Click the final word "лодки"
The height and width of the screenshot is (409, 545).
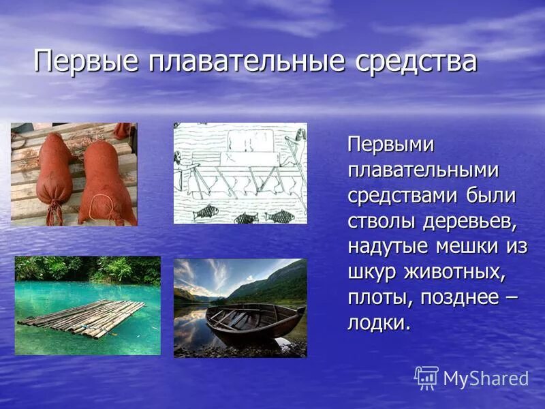pos(377,322)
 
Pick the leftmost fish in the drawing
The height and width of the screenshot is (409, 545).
pos(203,213)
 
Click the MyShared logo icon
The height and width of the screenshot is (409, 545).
pos(426,378)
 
